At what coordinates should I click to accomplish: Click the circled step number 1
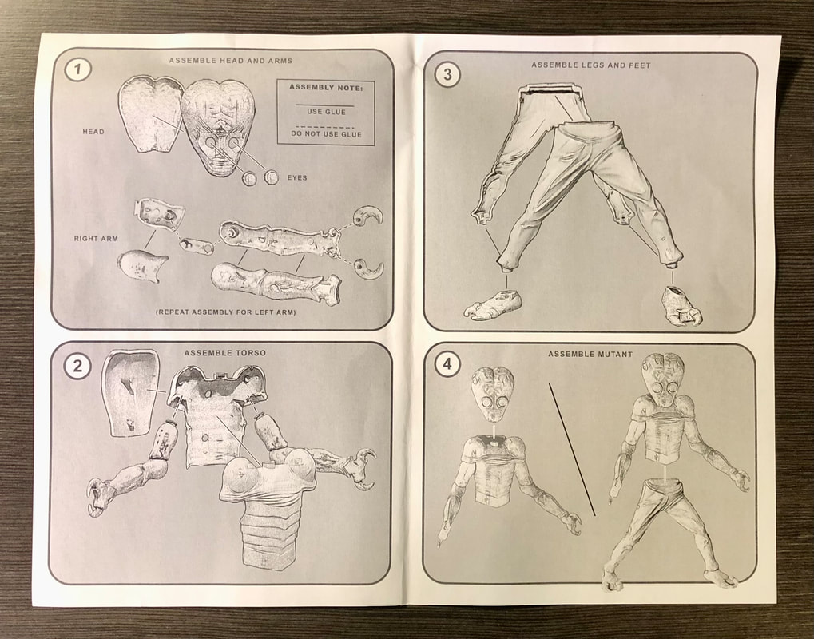point(77,69)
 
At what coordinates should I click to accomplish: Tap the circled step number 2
point(77,367)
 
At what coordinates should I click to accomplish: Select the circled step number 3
point(447,75)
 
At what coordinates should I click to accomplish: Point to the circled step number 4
point(447,366)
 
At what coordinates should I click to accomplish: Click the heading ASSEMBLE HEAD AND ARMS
point(231,60)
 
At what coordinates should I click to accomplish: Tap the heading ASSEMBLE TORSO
point(224,353)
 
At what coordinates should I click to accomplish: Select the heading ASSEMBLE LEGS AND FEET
point(591,65)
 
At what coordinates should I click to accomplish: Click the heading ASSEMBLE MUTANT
point(590,354)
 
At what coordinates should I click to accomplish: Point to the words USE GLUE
point(326,112)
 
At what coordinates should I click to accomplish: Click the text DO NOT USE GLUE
point(326,134)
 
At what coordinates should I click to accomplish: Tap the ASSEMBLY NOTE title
point(325,87)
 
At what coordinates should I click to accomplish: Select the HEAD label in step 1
point(93,131)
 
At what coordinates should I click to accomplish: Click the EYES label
point(297,177)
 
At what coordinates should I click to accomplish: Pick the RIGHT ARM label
point(96,239)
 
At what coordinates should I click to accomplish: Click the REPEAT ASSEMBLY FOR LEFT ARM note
point(226,312)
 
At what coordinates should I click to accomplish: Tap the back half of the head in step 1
point(148,114)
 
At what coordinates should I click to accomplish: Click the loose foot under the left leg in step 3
point(493,305)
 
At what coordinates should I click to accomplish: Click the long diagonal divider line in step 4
point(572,450)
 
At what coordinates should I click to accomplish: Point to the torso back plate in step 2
point(129,393)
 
